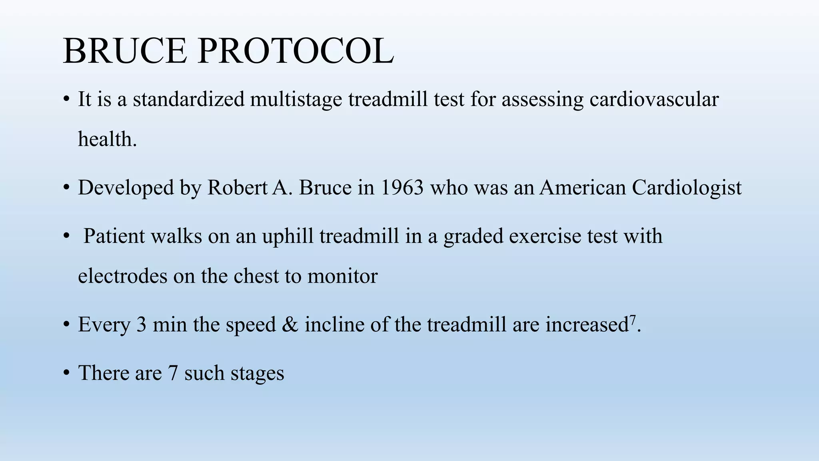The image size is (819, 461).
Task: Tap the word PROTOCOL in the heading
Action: pos(296,51)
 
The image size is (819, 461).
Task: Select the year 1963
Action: pos(402,187)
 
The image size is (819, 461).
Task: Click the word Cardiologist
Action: pos(687,187)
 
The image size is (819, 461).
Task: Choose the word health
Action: pos(107,139)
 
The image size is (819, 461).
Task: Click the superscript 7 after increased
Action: pos(633,319)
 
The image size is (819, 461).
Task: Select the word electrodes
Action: pos(122,276)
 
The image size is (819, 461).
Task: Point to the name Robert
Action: pos(237,187)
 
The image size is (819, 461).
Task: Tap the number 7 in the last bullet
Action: pos(173,373)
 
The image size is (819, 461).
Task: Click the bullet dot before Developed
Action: pos(66,188)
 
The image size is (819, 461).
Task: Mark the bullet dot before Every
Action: pos(66,325)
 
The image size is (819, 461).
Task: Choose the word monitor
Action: pos(342,276)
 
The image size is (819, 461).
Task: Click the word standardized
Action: pos(188,99)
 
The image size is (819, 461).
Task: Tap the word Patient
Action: pos(114,236)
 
